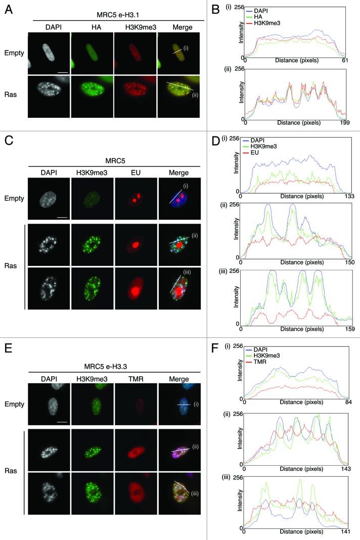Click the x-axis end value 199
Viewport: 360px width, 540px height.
(346, 123)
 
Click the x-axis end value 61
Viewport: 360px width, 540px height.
(347, 61)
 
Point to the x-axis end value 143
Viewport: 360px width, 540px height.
(347, 470)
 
